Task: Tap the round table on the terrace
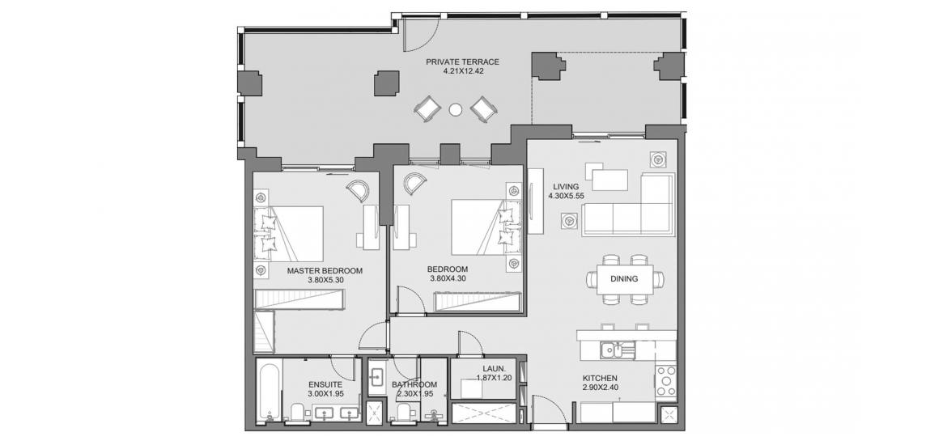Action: [x=456, y=110]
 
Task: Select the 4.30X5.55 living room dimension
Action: [x=565, y=196]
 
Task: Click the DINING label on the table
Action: [x=624, y=279]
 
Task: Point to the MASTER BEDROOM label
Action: [x=325, y=270]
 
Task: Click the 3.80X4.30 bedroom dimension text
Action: [x=447, y=278]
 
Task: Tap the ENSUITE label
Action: [x=325, y=384]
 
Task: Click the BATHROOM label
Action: [x=414, y=384]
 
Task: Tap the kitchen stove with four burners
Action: [x=667, y=381]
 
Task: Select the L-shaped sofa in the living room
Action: [x=629, y=206]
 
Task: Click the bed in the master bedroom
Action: [x=289, y=235]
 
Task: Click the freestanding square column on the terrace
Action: [x=387, y=83]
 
